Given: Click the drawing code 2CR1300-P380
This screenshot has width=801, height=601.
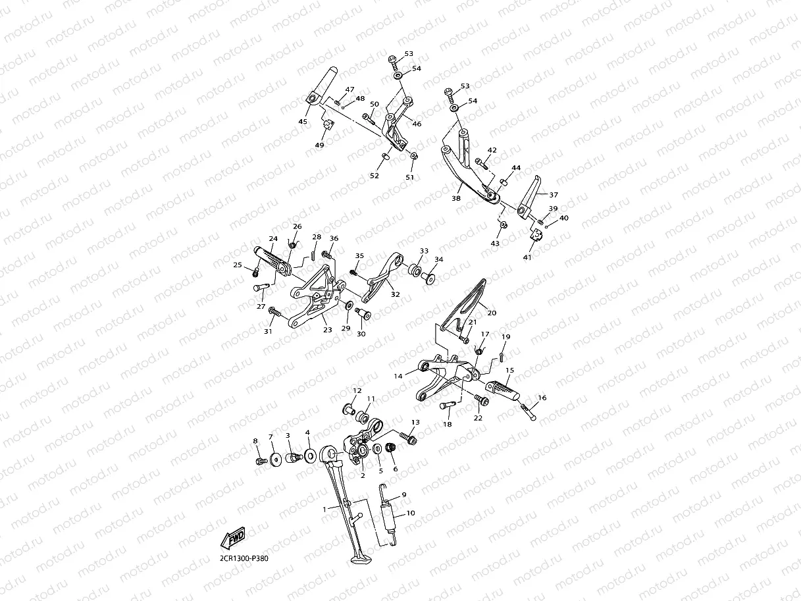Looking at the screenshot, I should pos(244,558).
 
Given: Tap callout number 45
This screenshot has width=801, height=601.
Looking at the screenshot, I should pos(303,121).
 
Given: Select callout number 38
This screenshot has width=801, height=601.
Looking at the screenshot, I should pos(456,197).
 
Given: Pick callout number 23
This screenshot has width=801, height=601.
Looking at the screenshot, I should pos(327,330).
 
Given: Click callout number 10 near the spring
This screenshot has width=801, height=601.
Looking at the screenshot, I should pos(410,512).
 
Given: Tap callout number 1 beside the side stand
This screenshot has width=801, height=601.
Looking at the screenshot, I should pos(324,509).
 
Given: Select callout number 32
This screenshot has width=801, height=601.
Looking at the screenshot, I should pos(395,295).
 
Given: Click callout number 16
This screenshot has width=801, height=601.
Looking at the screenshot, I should pos(542,398).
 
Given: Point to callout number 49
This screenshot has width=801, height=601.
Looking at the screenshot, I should pos(319,145).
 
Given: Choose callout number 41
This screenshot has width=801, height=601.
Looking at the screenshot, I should pos(527,257).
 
